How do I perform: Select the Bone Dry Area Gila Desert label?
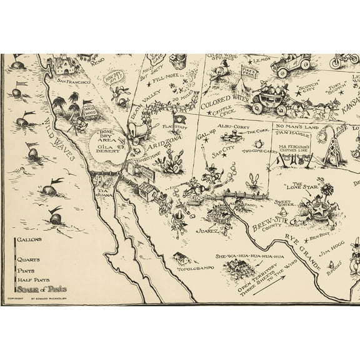point(103,142)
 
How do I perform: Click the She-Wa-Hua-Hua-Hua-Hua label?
point(250,256)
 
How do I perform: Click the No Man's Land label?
point(291,126)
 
